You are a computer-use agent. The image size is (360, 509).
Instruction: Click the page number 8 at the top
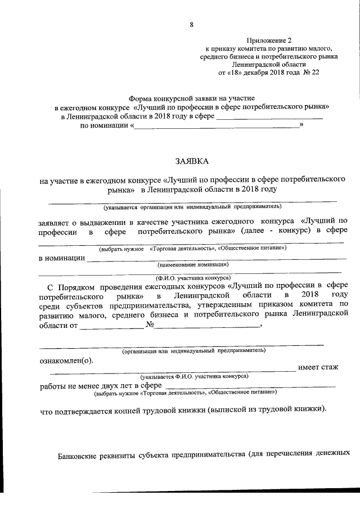click(x=192, y=24)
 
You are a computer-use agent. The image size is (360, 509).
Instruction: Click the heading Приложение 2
click(x=269, y=40)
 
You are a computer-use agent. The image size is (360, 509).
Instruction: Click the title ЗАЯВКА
click(x=191, y=161)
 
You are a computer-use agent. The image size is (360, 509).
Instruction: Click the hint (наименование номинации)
click(x=192, y=264)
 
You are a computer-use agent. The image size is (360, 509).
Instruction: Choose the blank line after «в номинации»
click(x=216, y=258)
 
